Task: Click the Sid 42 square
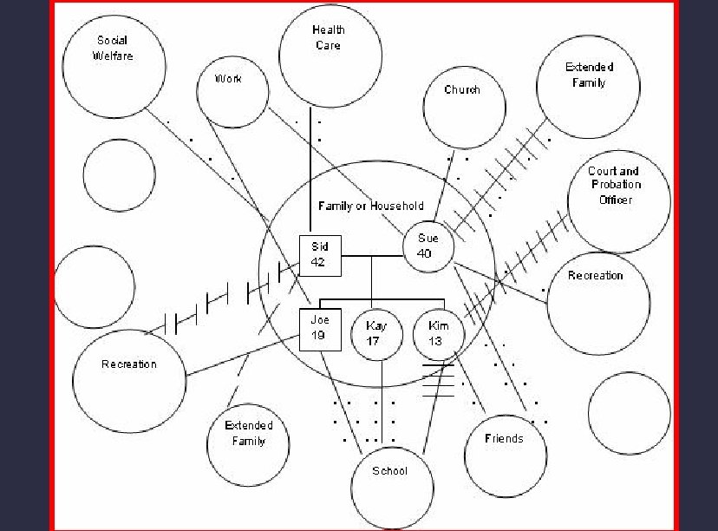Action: coord(318,254)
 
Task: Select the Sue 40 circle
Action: coord(428,246)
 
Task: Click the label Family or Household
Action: coord(371,206)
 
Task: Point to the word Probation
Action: coord(616,185)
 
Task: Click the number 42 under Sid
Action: coord(318,261)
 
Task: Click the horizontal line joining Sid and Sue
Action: coord(373,256)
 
